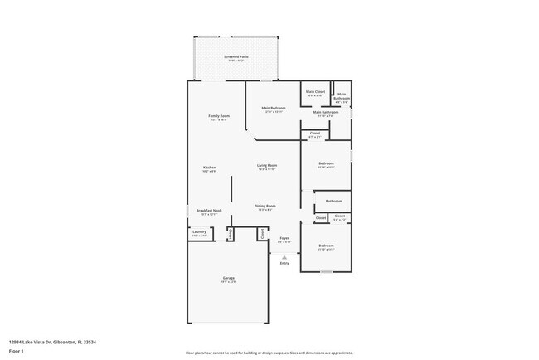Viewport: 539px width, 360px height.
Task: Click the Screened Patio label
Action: (x=236, y=57)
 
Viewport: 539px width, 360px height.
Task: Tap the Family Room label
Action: (x=219, y=116)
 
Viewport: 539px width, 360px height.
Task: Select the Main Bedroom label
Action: (x=273, y=108)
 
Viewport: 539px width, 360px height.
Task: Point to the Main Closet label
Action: (x=315, y=92)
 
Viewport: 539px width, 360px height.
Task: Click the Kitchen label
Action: (x=210, y=168)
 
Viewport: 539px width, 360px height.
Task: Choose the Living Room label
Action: (x=266, y=166)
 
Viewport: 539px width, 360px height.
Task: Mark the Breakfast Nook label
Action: (x=208, y=211)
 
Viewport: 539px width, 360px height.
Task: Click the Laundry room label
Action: (x=199, y=233)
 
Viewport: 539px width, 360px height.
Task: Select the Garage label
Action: (x=228, y=278)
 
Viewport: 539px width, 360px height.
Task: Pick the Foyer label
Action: (x=284, y=238)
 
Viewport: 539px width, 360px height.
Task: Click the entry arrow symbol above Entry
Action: (x=284, y=257)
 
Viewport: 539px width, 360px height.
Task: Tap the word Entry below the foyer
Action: (x=284, y=264)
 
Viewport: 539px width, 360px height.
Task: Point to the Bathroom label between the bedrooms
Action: (x=334, y=201)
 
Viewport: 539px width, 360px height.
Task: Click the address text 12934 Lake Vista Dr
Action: (x=52, y=341)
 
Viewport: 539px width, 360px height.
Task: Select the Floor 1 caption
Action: (x=17, y=351)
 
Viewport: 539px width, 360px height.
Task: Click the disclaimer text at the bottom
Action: (x=269, y=353)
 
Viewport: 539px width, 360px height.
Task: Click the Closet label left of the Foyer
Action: (x=263, y=234)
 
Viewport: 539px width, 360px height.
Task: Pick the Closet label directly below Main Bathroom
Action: (x=315, y=134)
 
